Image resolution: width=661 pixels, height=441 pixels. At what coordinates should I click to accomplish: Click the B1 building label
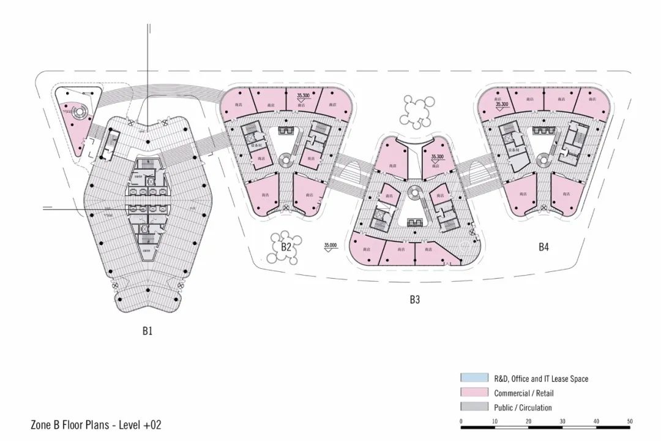click(147, 331)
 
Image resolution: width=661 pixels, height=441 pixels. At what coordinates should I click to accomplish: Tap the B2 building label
click(286, 247)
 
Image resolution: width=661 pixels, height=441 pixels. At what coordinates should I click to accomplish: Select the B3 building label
click(415, 300)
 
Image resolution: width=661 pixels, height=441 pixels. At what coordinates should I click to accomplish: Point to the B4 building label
click(543, 247)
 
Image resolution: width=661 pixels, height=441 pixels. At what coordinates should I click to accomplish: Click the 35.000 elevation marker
click(330, 245)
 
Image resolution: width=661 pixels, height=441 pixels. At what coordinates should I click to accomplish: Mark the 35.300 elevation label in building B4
click(502, 105)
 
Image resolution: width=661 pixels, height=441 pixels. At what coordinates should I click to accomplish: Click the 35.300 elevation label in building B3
click(437, 157)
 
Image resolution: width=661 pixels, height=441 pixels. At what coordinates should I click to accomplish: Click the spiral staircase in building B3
click(414, 192)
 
